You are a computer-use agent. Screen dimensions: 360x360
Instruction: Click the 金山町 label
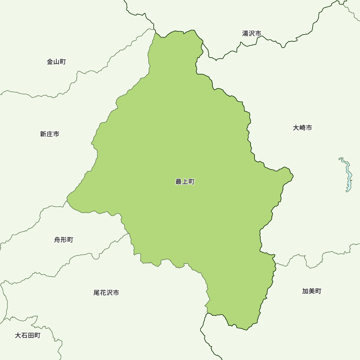coord(57,62)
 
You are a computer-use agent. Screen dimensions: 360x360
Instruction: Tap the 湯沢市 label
coord(252,33)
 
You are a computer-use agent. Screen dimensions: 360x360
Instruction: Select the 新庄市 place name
coord(50,134)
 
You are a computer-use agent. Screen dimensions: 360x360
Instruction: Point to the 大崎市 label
coord(302,128)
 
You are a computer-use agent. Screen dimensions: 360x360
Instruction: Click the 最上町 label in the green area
coord(185,182)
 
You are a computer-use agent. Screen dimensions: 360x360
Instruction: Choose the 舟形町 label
coord(64,240)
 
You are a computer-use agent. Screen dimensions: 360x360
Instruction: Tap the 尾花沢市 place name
coord(106,293)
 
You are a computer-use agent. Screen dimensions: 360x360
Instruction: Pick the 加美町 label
coord(312,291)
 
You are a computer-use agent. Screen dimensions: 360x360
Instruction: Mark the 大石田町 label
coord(28,336)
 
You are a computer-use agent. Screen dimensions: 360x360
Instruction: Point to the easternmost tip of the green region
coord(293,176)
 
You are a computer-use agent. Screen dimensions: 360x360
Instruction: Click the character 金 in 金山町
coord(50,62)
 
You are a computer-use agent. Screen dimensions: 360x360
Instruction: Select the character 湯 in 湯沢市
coord(246,33)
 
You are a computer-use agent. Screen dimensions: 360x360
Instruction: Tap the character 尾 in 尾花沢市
coord(96,293)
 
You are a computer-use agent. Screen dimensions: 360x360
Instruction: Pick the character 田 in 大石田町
coord(31,336)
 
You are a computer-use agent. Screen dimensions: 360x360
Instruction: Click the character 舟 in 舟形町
coord(57,240)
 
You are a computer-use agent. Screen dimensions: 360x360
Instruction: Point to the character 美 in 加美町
coord(312,291)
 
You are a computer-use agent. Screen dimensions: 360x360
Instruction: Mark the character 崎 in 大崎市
coord(302,128)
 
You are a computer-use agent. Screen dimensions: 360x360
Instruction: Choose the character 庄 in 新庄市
coord(50,134)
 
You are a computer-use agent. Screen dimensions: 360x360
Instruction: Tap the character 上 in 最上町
coord(185,182)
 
